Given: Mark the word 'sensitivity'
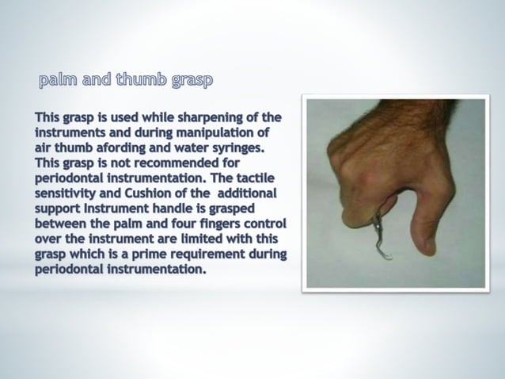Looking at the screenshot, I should point(69,193).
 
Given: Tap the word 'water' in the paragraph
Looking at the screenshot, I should point(193,147).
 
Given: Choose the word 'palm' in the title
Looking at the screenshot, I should point(56,80).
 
